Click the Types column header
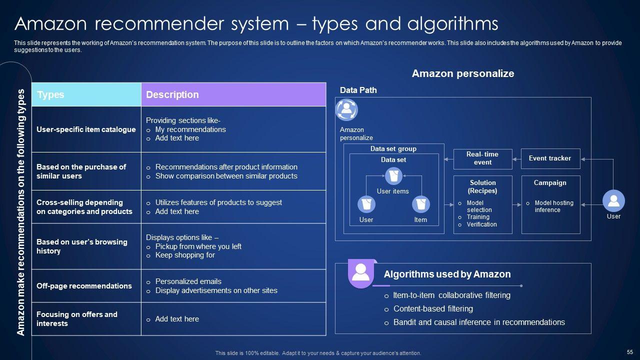(x=50, y=94)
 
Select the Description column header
(x=172, y=94)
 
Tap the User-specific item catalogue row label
(x=86, y=129)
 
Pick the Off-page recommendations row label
(x=84, y=286)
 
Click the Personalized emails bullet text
(x=188, y=281)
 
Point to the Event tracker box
(x=550, y=158)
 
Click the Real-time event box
(x=482, y=158)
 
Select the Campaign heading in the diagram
(x=550, y=183)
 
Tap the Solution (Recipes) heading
(x=482, y=186)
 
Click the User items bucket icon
(x=393, y=176)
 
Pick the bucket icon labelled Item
(x=420, y=204)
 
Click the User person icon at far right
(x=613, y=201)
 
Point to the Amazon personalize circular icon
(x=346, y=110)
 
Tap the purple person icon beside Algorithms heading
(x=360, y=272)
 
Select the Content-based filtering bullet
(x=433, y=309)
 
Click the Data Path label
(x=358, y=90)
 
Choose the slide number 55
(x=629, y=352)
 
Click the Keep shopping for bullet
(x=184, y=255)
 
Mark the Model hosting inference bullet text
(x=553, y=206)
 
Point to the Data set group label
(x=393, y=149)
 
